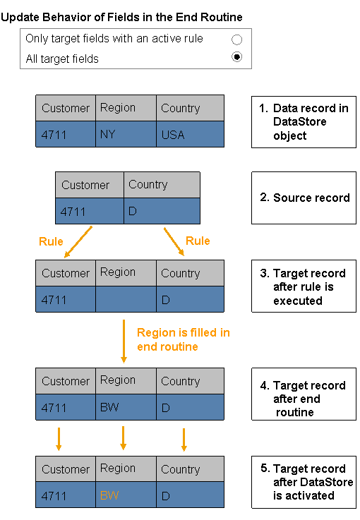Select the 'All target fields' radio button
(x=236, y=57)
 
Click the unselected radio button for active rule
(x=236, y=40)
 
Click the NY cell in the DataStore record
(x=126, y=134)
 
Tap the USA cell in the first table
(x=190, y=134)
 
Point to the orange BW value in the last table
(x=109, y=495)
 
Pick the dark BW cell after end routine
(x=126, y=407)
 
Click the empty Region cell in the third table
(x=126, y=299)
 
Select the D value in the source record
(x=162, y=211)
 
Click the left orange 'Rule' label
(x=51, y=241)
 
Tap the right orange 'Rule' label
(x=198, y=241)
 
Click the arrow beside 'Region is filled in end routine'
(x=124, y=341)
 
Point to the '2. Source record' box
(x=304, y=198)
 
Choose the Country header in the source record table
(x=162, y=185)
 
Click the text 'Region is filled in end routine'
(x=183, y=339)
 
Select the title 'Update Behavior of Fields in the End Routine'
(x=121, y=17)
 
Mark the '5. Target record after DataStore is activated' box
(x=304, y=482)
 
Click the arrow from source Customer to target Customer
(x=78, y=242)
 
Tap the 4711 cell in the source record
(x=90, y=211)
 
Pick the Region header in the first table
(x=126, y=108)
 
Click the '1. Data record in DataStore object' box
(x=304, y=122)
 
